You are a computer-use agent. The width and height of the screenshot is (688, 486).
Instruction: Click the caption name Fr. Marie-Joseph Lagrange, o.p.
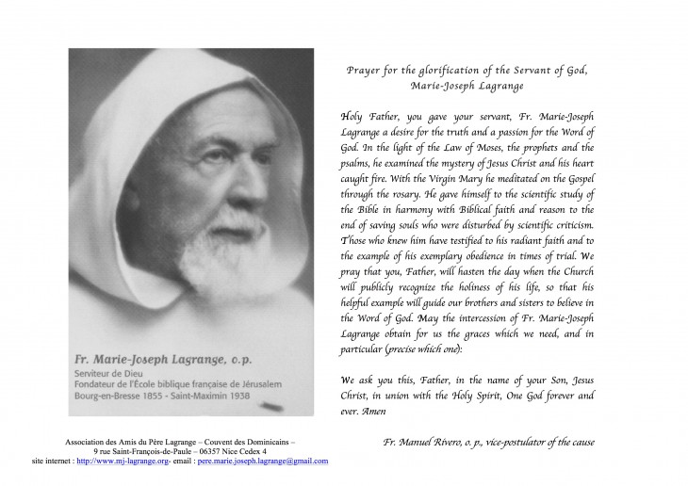click(160, 358)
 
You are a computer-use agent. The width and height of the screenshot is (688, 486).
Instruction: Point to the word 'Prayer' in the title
click(364, 71)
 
